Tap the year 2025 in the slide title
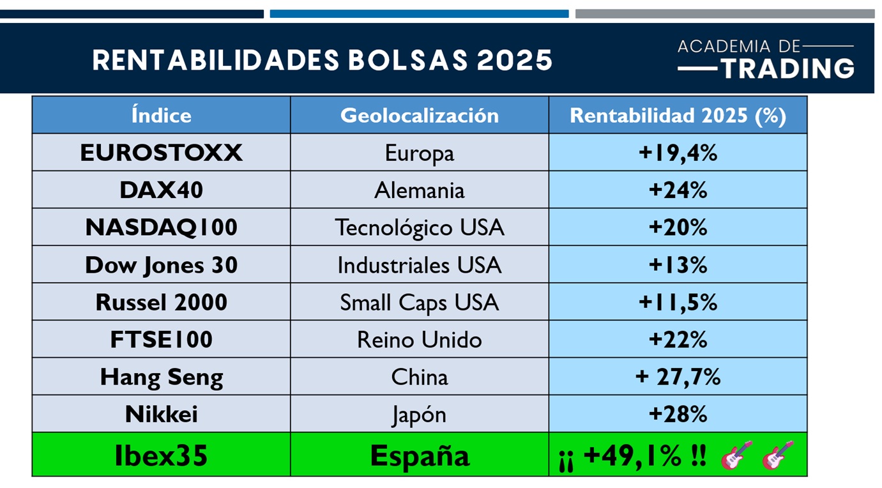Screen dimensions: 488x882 (x=514, y=61)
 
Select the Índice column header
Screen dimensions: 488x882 (x=161, y=116)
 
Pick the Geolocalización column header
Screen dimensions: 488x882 (x=419, y=116)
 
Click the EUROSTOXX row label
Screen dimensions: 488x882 (x=161, y=153)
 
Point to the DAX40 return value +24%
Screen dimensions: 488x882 (x=677, y=190)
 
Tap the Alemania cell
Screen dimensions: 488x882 (x=419, y=190)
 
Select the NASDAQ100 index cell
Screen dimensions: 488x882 (x=161, y=227)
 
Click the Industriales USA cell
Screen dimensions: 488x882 (x=419, y=265)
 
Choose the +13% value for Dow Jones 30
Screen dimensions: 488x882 (x=677, y=265)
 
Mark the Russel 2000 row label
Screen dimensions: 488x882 (x=161, y=302)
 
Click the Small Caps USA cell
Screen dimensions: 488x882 (x=419, y=302)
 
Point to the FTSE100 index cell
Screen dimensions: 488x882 (x=161, y=339)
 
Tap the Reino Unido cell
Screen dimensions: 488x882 (x=419, y=340)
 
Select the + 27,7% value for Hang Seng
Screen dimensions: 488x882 (x=677, y=377)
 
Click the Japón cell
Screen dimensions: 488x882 (x=419, y=415)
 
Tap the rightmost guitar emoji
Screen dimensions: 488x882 (x=777, y=455)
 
